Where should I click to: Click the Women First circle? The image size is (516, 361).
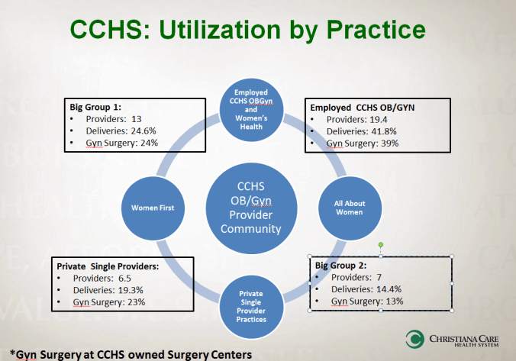pyautogui.click(x=153, y=208)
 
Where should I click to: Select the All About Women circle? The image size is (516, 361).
pyautogui.click(x=350, y=208)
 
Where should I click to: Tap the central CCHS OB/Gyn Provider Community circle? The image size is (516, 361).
pyautogui.click(x=251, y=208)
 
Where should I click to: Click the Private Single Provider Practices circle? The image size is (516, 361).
pyautogui.click(x=251, y=307)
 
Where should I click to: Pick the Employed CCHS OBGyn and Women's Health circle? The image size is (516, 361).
pyautogui.click(x=251, y=110)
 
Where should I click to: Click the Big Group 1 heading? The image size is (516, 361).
pyautogui.click(x=95, y=108)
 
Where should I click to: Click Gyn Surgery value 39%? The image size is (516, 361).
pyautogui.click(x=389, y=143)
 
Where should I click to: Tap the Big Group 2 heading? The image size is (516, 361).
pyautogui.click(x=340, y=266)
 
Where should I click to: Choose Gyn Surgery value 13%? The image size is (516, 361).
pyautogui.click(x=394, y=301)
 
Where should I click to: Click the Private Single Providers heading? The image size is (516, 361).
pyautogui.click(x=108, y=266)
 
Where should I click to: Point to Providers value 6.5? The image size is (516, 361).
pyautogui.click(x=124, y=279)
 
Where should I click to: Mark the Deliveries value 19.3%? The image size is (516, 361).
pyautogui.click(x=131, y=290)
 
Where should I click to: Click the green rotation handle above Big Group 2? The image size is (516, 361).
pyautogui.click(x=381, y=244)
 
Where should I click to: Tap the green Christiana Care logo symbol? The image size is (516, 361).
pyautogui.click(x=415, y=339)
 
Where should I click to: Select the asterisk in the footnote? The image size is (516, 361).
pyautogui.click(x=12, y=353)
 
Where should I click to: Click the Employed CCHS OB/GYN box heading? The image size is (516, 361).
pyautogui.click(x=363, y=108)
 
